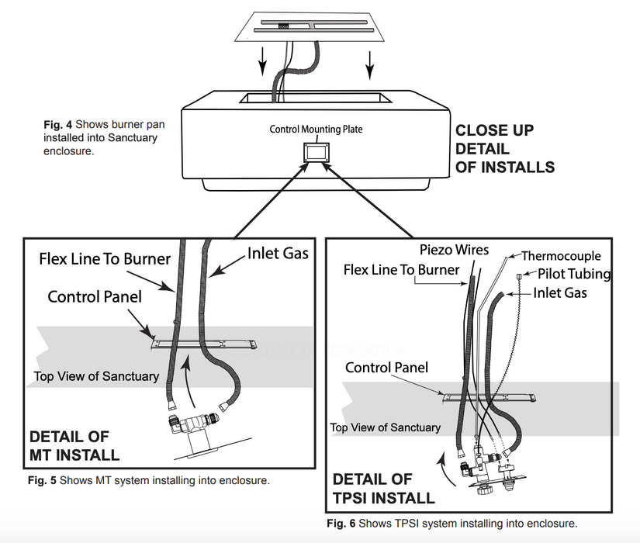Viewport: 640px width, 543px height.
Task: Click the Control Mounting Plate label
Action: tap(316, 129)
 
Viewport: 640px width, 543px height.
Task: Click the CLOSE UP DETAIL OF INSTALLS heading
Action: tap(504, 148)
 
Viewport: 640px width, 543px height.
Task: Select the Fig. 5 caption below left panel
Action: tap(148, 481)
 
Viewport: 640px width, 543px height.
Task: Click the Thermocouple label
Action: tap(561, 256)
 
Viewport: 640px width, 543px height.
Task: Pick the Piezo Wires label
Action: tap(454, 250)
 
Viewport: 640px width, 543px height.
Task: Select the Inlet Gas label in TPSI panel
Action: tap(559, 293)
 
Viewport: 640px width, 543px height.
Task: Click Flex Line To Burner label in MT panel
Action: tap(105, 258)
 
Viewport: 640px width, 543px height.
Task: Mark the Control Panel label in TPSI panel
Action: tap(386, 367)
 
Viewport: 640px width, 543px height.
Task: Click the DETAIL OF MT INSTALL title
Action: tap(74, 445)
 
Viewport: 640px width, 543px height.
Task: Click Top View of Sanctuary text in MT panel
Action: tap(96, 377)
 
